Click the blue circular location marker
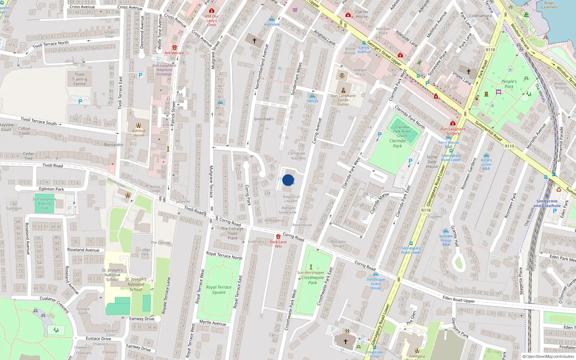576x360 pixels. point(288,180)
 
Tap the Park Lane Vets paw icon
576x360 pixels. point(278,237)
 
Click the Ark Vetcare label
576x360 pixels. point(174,53)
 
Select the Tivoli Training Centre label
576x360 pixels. point(80,79)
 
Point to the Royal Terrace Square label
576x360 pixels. point(219,290)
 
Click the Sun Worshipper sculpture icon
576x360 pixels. point(311,267)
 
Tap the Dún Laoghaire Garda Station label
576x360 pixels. point(343,100)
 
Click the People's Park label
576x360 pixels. point(509,84)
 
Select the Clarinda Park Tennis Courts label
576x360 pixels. point(402,131)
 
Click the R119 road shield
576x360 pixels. point(509,146)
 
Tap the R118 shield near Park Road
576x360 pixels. point(490,50)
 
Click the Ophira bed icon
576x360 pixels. point(312,96)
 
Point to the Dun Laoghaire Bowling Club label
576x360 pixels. point(44,203)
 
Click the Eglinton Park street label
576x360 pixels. point(51,189)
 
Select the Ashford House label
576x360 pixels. point(139,133)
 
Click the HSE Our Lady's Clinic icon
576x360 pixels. point(212,11)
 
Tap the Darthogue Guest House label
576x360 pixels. point(376,284)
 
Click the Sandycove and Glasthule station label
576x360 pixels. point(546,203)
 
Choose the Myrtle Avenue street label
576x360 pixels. point(213,323)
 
